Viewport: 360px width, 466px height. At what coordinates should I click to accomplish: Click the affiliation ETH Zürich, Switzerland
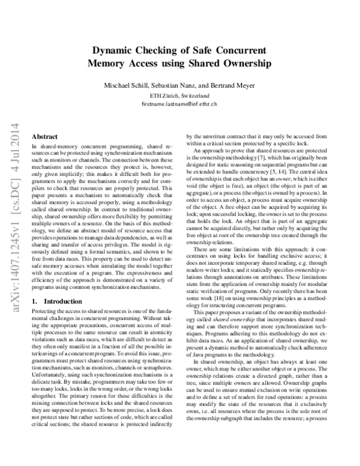pos(179,95)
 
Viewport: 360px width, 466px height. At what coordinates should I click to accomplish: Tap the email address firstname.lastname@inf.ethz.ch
pos(179,104)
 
